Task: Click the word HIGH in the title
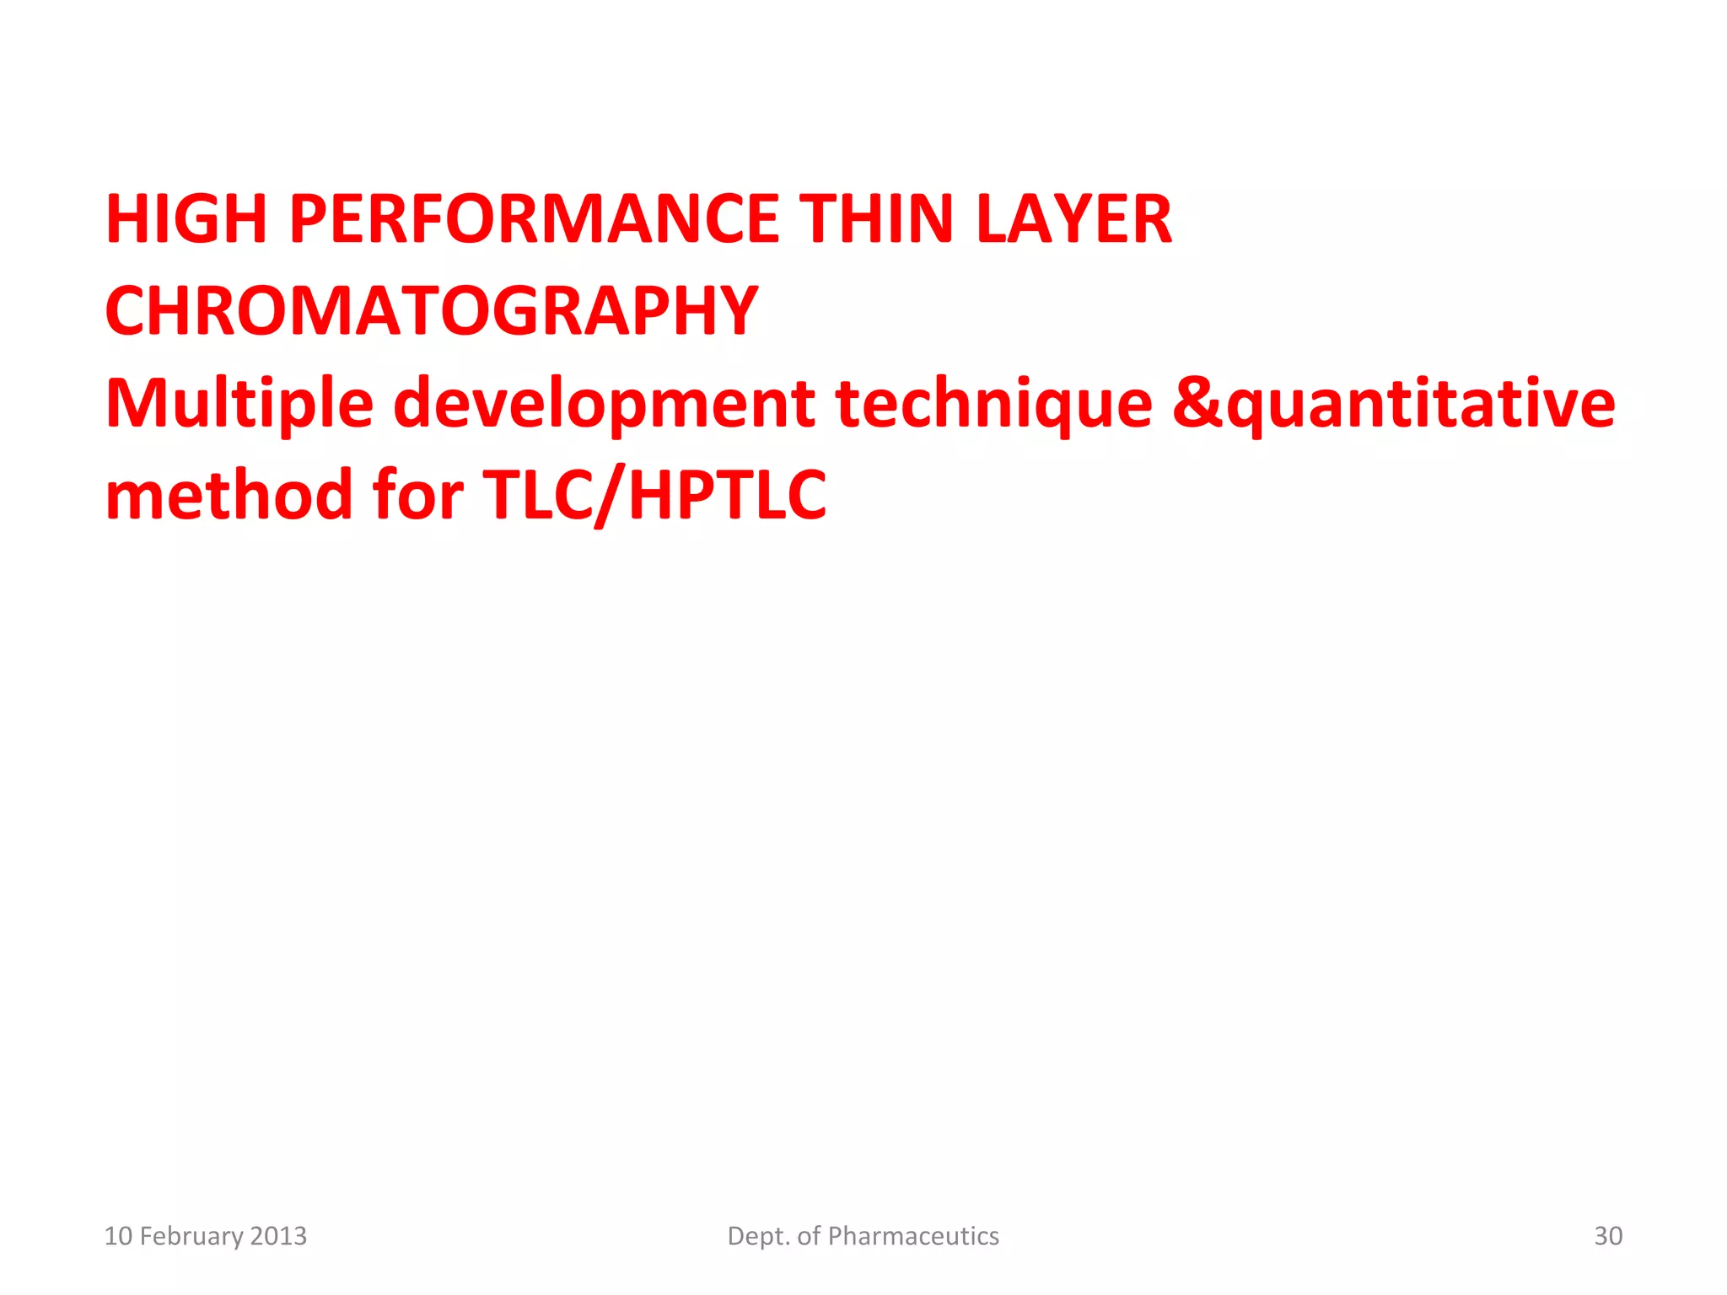pos(186,219)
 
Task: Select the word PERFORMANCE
pos(534,219)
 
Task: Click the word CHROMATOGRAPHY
pos(432,311)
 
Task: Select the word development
pos(604,404)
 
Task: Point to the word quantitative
pos(1420,404)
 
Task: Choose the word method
pos(229,495)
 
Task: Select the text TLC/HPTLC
pos(654,495)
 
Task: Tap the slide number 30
pos(1608,1236)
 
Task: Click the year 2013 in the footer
pos(279,1236)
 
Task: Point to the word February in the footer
pos(191,1236)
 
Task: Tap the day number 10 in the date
pos(118,1236)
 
